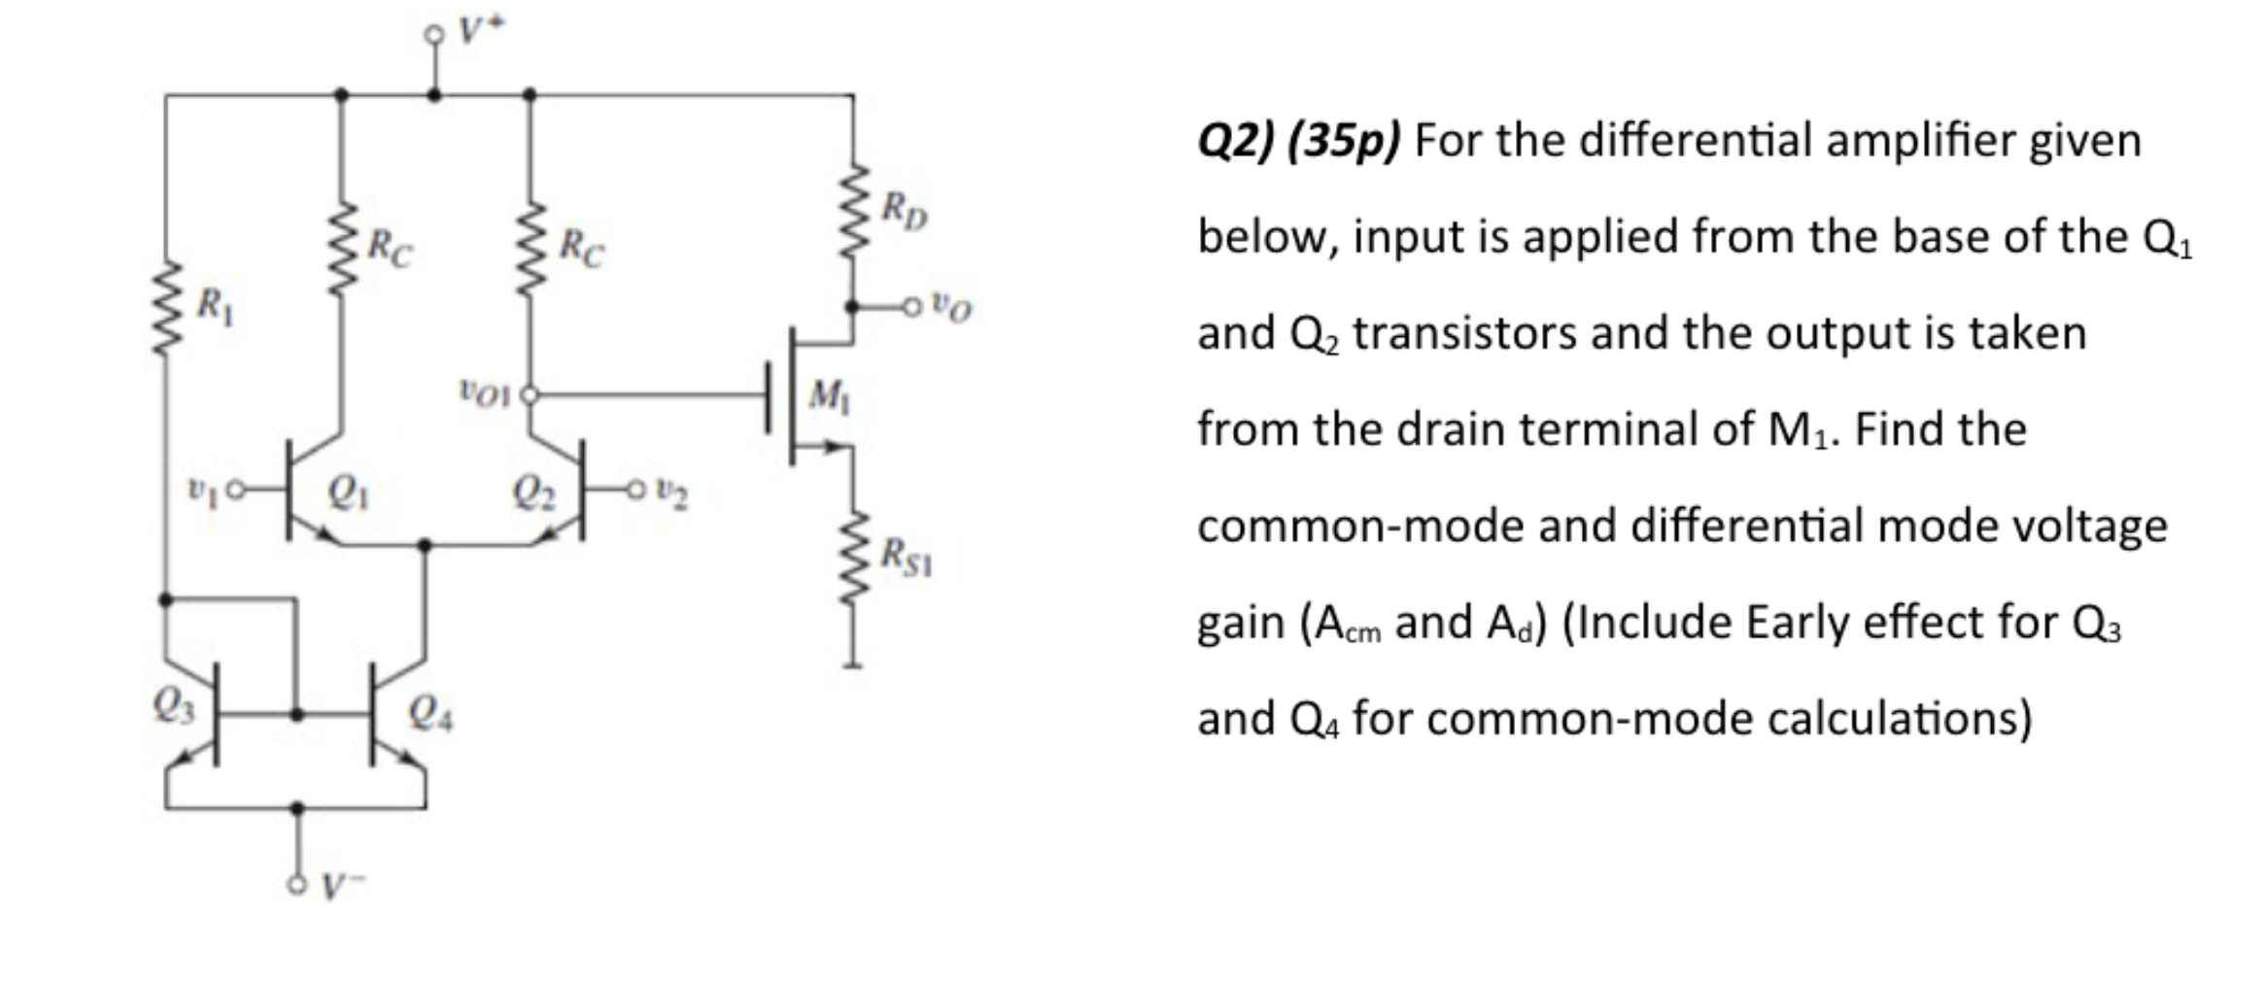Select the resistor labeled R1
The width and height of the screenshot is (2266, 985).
tap(165, 307)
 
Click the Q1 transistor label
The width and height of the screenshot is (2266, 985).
tap(348, 495)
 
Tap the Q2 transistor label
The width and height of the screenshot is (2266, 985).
tap(532, 495)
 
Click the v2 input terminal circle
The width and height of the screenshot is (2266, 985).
tap(635, 492)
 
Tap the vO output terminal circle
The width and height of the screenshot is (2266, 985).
tap(910, 307)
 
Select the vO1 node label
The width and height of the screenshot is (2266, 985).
tap(483, 394)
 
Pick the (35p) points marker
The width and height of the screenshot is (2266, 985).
tap(1344, 141)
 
